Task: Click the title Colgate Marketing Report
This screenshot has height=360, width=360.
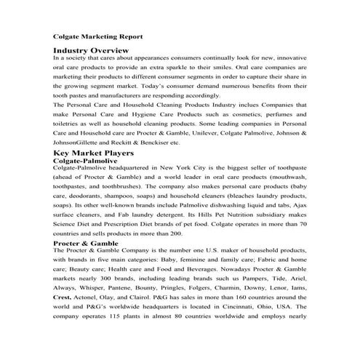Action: tap(97, 36)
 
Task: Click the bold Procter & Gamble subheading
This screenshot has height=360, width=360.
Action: tap(87, 242)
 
